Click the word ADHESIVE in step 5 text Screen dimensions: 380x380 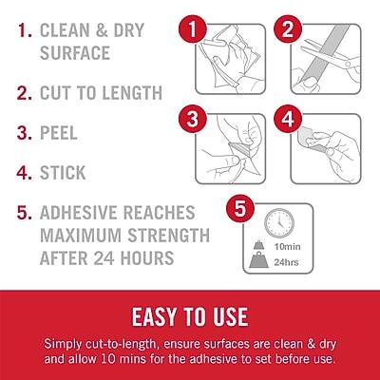[x=90, y=214]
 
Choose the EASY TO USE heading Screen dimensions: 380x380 [x=190, y=315]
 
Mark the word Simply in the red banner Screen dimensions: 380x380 [x=66, y=342]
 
